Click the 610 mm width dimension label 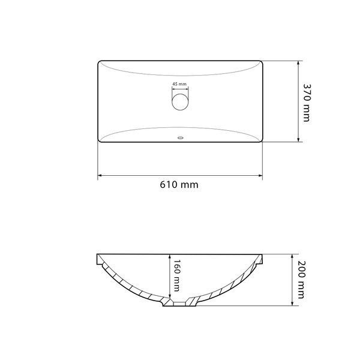(179, 185)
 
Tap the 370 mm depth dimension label (307, 103)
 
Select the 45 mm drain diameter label (179, 84)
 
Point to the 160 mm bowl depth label (176, 275)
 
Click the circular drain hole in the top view (180, 102)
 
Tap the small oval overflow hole (181, 138)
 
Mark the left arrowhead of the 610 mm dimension (100, 176)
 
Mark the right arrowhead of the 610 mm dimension (260, 176)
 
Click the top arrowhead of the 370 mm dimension (298, 63)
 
